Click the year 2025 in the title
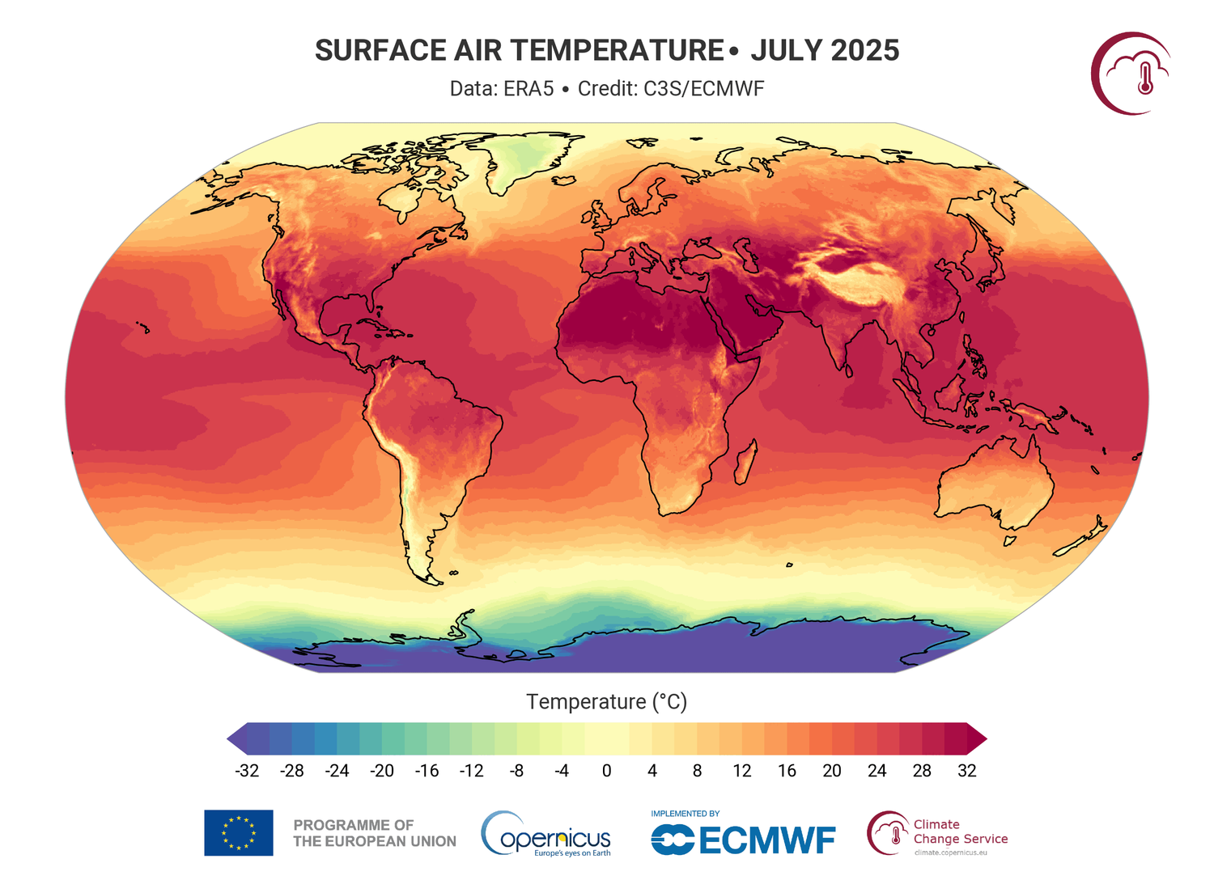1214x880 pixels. pyautogui.click(x=864, y=50)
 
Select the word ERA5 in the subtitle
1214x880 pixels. pyautogui.click(x=528, y=88)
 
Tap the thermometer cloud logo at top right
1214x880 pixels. pyautogui.click(x=1133, y=74)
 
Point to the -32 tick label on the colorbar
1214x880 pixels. pyautogui.click(x=247, y=771)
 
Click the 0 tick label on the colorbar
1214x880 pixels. pyautogui.click(x=607, y=771)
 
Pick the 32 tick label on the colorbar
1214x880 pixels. pyautogui.click(x=967, y=771)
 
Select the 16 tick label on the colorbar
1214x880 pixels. pyautogui.click(x=787, y=771)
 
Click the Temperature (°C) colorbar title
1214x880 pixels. pyautogui.click(x=606, y=702)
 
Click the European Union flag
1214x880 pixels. pyautogui.click(x=239, y=832)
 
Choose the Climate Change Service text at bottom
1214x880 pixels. pyautogui.click(x=960, y=832)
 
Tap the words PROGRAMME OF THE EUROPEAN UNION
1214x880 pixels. pyautogui.click(x=374, y=833)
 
